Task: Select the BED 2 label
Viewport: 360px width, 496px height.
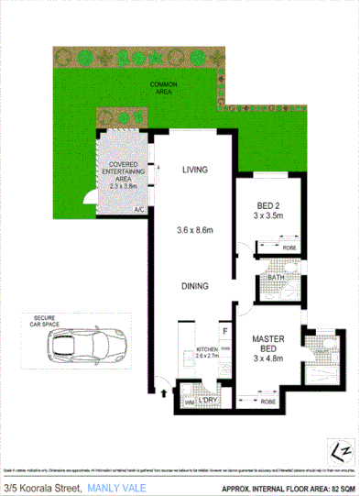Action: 268,204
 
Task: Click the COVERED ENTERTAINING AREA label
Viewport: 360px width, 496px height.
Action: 125,171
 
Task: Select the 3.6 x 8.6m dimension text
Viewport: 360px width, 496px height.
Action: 195,231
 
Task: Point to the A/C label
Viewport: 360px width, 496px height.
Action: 139,210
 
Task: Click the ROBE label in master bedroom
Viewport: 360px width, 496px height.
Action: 267,400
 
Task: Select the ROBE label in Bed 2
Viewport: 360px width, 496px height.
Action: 289,247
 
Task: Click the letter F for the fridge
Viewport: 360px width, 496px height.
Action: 224,331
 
